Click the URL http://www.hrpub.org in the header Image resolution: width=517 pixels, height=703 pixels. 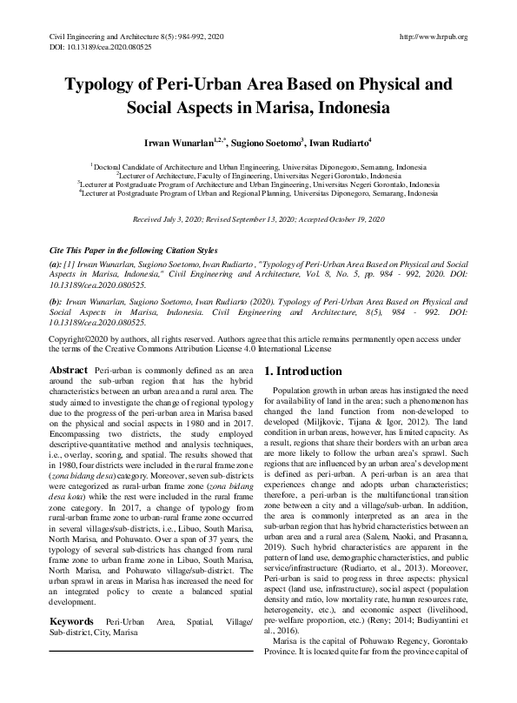tap(432, 37)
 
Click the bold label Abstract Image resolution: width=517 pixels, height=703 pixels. tap(69, 369)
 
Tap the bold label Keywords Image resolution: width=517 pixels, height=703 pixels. tap(73, 622)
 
